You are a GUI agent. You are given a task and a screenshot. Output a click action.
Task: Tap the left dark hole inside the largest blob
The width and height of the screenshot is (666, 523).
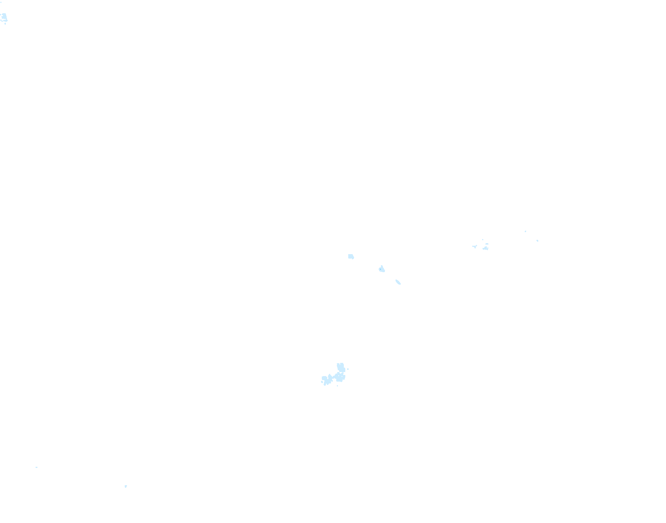pos(339,376)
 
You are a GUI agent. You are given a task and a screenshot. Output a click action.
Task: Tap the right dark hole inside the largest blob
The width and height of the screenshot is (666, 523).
pos(342,376)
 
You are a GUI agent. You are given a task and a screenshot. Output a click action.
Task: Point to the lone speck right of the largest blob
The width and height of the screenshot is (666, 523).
pos(348,369)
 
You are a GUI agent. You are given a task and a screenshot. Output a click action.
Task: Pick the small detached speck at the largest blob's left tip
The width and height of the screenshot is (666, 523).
pos(322,382)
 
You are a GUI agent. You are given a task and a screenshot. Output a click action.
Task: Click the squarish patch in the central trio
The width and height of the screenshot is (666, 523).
pos(351,256)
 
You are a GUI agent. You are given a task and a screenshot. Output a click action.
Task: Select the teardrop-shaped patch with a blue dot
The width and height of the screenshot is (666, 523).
pos(382,269)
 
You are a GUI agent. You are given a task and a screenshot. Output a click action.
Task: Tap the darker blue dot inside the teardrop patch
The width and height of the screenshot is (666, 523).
pos(382,270)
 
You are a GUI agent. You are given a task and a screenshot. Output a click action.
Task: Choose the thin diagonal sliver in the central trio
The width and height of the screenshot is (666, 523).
pos(398,282)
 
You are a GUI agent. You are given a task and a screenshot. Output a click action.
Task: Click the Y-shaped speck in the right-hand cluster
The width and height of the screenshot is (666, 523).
pos(475,246)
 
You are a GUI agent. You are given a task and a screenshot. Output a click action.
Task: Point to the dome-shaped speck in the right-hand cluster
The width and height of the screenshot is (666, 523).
pos(487,244)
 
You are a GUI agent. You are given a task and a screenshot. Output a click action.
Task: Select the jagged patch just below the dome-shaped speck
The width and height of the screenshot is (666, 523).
pos(485,248)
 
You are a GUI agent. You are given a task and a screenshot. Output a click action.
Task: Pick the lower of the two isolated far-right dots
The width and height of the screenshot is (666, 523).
pos(538,241)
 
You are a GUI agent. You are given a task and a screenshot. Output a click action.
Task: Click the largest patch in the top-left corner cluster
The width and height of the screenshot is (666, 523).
pos(4,17)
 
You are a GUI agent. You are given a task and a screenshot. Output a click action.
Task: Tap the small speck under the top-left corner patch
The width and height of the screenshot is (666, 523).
pos(5,24)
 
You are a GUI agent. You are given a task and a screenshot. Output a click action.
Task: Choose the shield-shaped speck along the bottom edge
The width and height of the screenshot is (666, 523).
pos(126,486)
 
